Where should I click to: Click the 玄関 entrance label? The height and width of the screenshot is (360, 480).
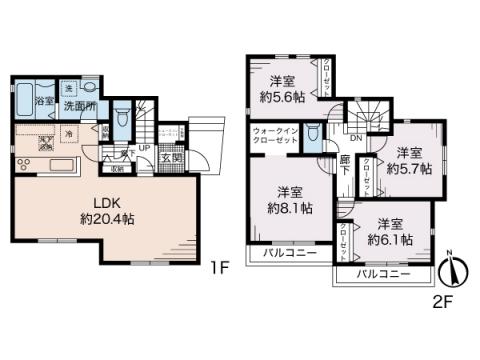(x=171, y=157)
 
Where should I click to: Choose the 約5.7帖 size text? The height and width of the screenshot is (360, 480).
(x=409, y=170)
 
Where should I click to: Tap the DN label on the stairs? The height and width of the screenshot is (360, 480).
(x=356, y=138)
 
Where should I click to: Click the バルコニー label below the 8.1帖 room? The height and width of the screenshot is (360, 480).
(x=289, y=254)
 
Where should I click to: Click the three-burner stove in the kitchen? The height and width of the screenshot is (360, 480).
(x=24, y=165)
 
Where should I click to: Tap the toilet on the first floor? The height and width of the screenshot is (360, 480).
(x=122, y=119)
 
